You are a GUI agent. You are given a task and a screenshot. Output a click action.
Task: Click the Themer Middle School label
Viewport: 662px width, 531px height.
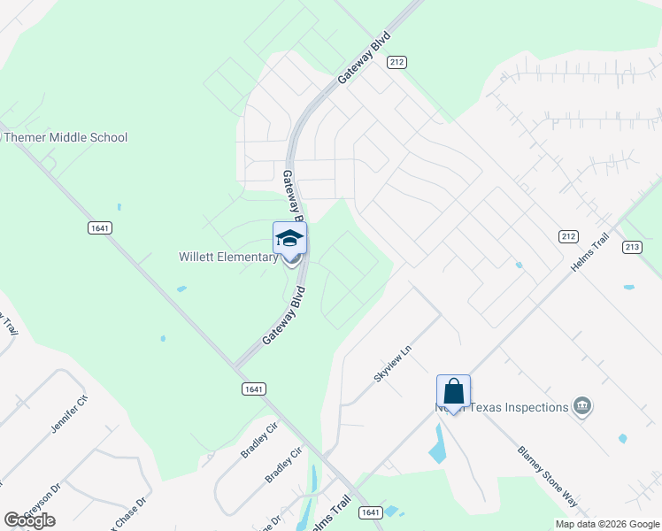tap(65, 137)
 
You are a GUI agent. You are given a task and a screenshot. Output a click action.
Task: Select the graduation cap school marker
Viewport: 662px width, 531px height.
tap(290, 239)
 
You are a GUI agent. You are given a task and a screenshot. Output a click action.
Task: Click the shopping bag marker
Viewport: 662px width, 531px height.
tap(453, 390)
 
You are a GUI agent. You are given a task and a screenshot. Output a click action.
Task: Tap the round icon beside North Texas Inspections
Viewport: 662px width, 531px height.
tap(582, 406)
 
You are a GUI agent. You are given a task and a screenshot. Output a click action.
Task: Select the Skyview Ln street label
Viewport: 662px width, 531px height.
tap(393, 364)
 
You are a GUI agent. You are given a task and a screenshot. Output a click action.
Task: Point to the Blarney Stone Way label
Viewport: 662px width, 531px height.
tap(548, 476)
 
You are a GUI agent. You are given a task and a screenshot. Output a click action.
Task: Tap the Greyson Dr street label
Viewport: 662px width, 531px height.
tap(41, 501)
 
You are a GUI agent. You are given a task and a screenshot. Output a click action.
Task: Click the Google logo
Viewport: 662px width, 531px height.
tap(29, 520)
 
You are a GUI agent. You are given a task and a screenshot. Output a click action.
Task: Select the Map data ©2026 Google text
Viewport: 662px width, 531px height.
tap(606, 524)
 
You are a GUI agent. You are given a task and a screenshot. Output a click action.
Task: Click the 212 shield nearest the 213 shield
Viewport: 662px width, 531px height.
tap(568, 235)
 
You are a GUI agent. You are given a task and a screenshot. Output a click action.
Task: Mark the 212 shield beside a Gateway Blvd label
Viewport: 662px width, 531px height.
tap(396, 62)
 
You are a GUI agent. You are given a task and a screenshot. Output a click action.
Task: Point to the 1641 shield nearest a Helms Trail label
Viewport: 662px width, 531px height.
tap(370, 512)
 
